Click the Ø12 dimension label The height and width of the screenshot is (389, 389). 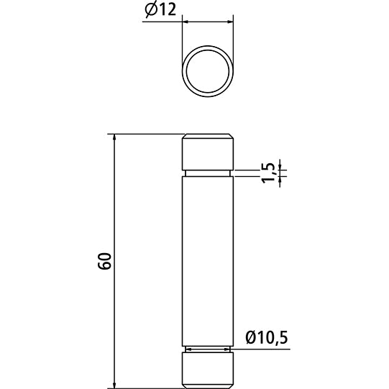tap(160, 10)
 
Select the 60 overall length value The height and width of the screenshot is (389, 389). tap(105, 261)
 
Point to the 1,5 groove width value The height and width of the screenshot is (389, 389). tap(268, 173)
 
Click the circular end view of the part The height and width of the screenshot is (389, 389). tap(208, 72)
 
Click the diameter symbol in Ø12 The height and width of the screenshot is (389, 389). tap(150, 10)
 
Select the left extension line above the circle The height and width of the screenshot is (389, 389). tap(183, 43)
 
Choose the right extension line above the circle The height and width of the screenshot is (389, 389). tap(234, 43)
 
